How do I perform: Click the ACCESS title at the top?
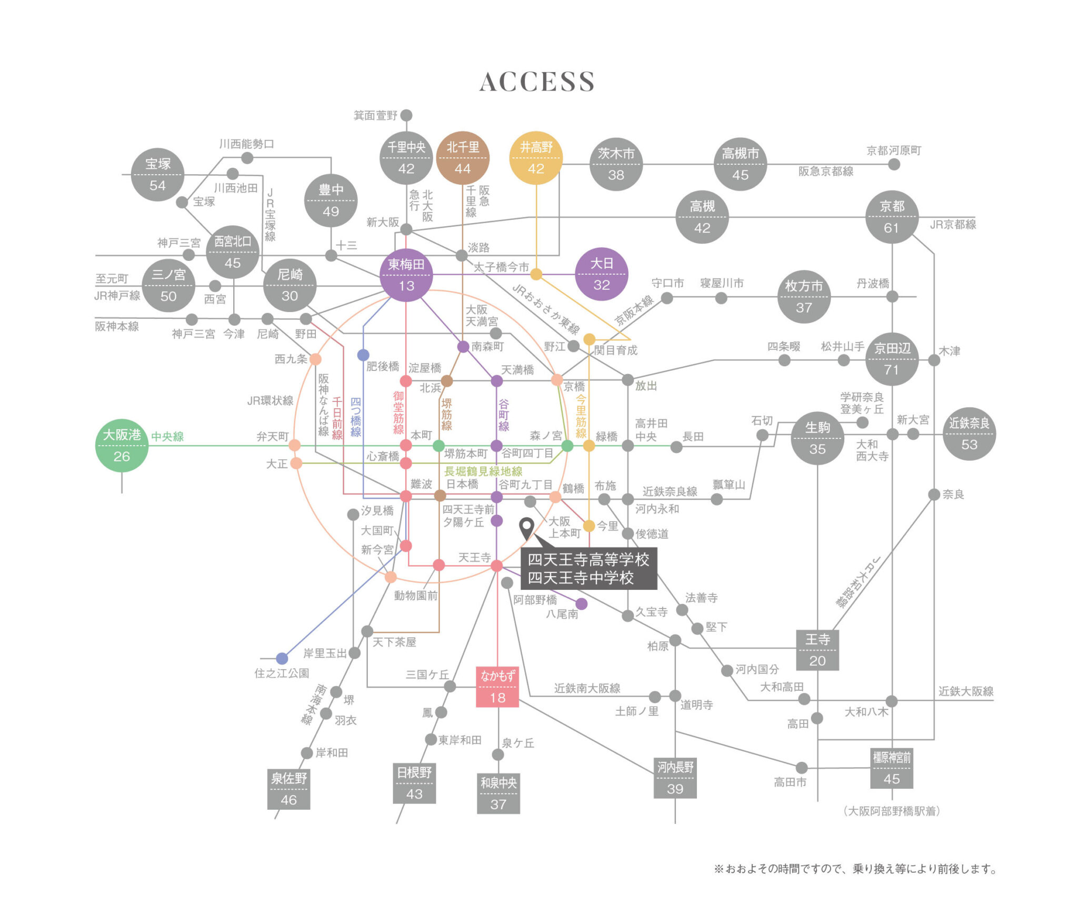click(537, 82)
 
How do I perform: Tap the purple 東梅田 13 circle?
click(406, 275)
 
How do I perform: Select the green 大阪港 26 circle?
click(122, 446)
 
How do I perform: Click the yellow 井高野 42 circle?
click(536, 158)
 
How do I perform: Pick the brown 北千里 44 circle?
click(463, 158)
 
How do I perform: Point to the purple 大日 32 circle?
click(601, 274)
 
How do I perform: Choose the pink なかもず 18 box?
click(497, 687)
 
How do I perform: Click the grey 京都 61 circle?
click(892, 217)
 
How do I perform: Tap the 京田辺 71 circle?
click(892, 359)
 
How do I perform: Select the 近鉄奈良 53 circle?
click(969, 434)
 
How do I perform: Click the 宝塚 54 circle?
click(157, 175)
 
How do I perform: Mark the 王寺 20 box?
click(817, 650)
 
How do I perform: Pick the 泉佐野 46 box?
click(288, 789)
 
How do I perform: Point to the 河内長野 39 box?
click(675, 778)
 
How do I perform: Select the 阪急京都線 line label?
click(826, 172)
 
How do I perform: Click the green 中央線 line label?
click(167, 437)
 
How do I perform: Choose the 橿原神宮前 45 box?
click(892, 768)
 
